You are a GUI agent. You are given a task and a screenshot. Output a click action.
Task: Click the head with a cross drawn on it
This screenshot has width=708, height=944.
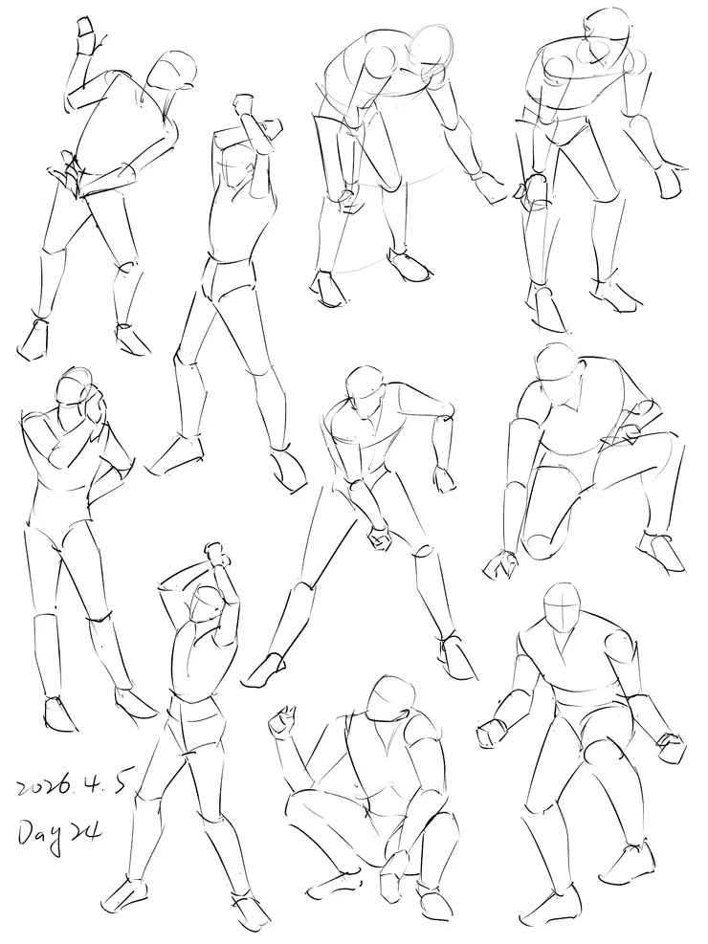(x=562, y=607)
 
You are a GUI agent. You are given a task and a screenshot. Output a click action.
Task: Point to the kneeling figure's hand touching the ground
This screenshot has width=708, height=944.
(x=500, y=564)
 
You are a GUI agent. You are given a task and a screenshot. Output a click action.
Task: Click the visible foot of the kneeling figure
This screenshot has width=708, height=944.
(x=661, y=550)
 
